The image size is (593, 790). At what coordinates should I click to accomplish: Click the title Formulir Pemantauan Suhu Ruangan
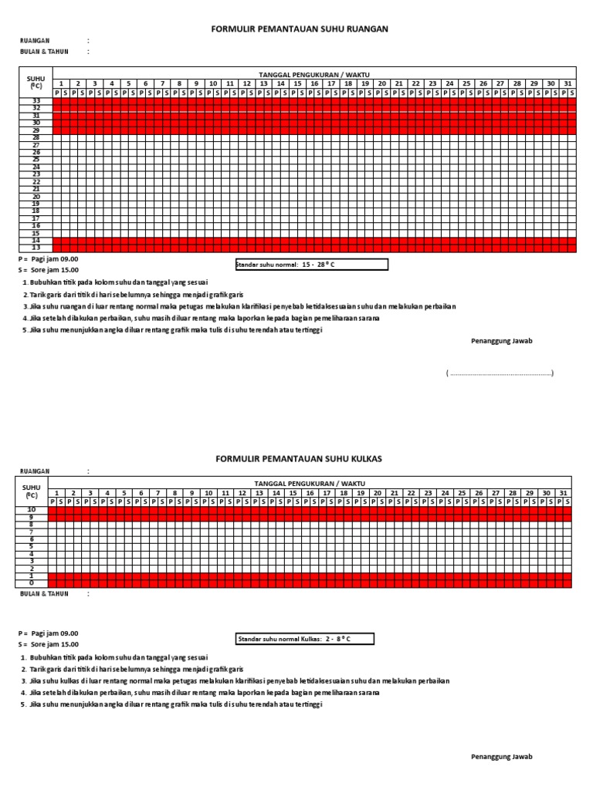tap(300, 29)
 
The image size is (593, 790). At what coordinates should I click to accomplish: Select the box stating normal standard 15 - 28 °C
tap(312, 265)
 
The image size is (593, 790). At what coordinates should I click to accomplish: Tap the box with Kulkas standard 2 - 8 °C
tap(303, 639)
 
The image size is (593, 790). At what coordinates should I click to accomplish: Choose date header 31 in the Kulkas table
tap(564, 492)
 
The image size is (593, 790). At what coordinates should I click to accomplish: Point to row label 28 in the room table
tap(36, 137)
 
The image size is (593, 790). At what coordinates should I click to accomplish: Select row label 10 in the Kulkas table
tap(32, 510)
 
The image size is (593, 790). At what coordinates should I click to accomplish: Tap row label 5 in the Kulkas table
tap(32, 546)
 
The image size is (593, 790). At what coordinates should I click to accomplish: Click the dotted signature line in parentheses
tap(500, 373)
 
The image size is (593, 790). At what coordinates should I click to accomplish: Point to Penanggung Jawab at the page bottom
tap(502, 757)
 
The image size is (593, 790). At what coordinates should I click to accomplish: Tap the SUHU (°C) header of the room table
tap(36, 83)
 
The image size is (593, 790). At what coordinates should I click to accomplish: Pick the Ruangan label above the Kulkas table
tap(35, 470)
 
